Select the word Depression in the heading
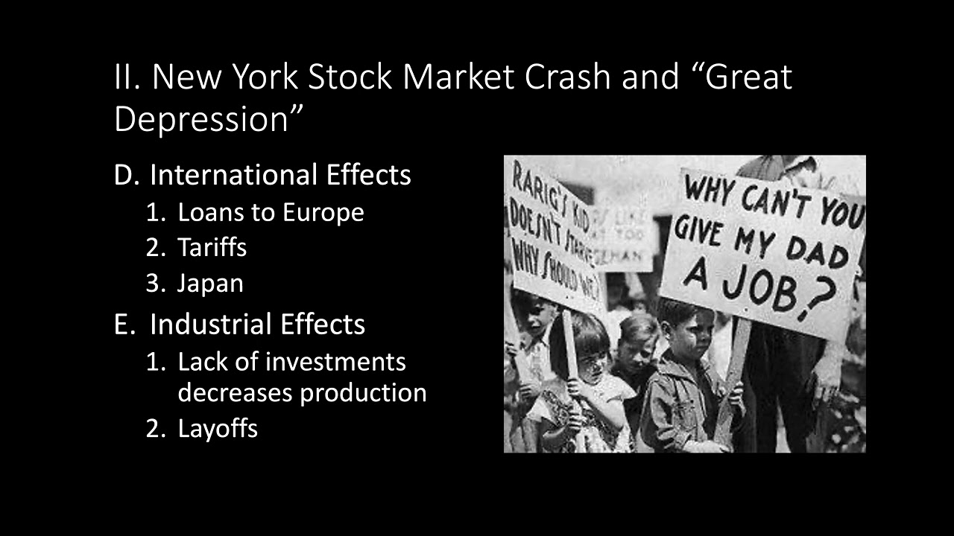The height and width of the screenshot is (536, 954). click(200, 119)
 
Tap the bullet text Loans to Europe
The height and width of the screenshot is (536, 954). click(271, 213)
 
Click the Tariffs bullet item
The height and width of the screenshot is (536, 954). click(212, 248)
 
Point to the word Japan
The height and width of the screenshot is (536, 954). click(210, 284)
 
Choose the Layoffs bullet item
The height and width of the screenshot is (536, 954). click(218, 429)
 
